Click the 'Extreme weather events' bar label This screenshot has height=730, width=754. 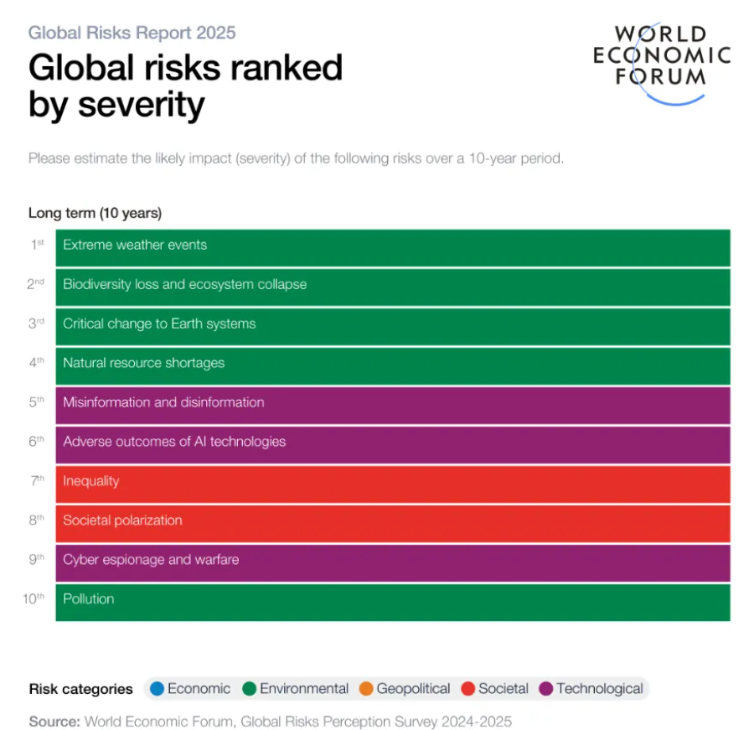coord(135,246)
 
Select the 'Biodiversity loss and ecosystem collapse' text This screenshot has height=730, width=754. coord(184,285)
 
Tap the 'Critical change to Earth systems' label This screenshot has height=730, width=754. coord(159,324)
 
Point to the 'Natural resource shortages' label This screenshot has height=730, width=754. coord(143,364)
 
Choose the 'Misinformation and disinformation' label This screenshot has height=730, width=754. coord(163,403)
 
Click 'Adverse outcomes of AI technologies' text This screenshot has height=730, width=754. coord(174,442)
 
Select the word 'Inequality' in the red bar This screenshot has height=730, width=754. coord(90,481)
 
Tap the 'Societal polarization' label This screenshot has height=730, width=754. coord(122,520)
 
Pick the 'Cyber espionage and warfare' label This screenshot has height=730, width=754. coord(151,560)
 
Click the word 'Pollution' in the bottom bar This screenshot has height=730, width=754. coord(88,599)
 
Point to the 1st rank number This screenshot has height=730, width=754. coord(37,245)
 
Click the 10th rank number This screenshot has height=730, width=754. coord(34,598)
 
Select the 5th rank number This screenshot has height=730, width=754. coord(36,402)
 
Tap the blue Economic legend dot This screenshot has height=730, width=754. coord(156,689)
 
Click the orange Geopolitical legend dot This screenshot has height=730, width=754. coord(365,689)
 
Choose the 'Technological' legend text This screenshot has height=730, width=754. coord(599,689)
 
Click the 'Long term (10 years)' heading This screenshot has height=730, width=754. coord(95,214)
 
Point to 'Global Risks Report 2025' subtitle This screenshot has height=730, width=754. coord(132,34)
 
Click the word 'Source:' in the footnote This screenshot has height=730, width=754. coord(54,721)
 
